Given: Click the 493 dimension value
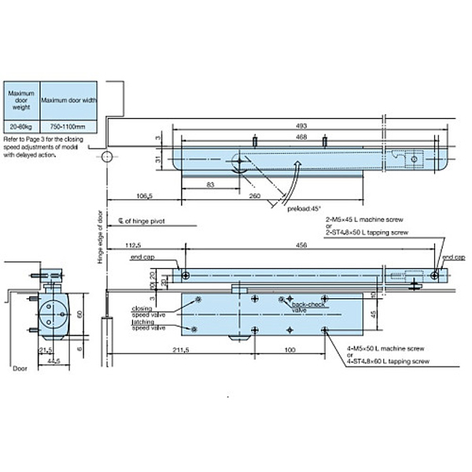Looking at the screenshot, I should coord(303,124).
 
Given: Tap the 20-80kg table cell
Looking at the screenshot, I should coord(20,126).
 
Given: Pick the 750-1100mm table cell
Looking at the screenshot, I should coord(68,126).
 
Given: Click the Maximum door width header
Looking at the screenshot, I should coord(68,100).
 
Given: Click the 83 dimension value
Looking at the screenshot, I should coord(211,183).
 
